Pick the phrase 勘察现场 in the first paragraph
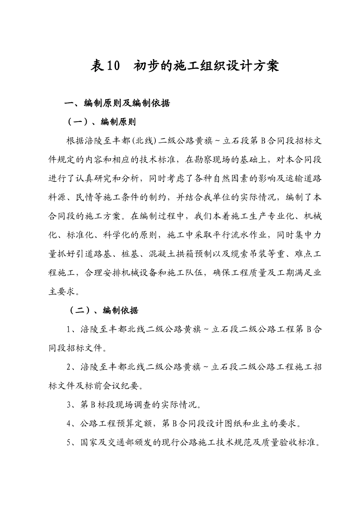coord(212,160)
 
